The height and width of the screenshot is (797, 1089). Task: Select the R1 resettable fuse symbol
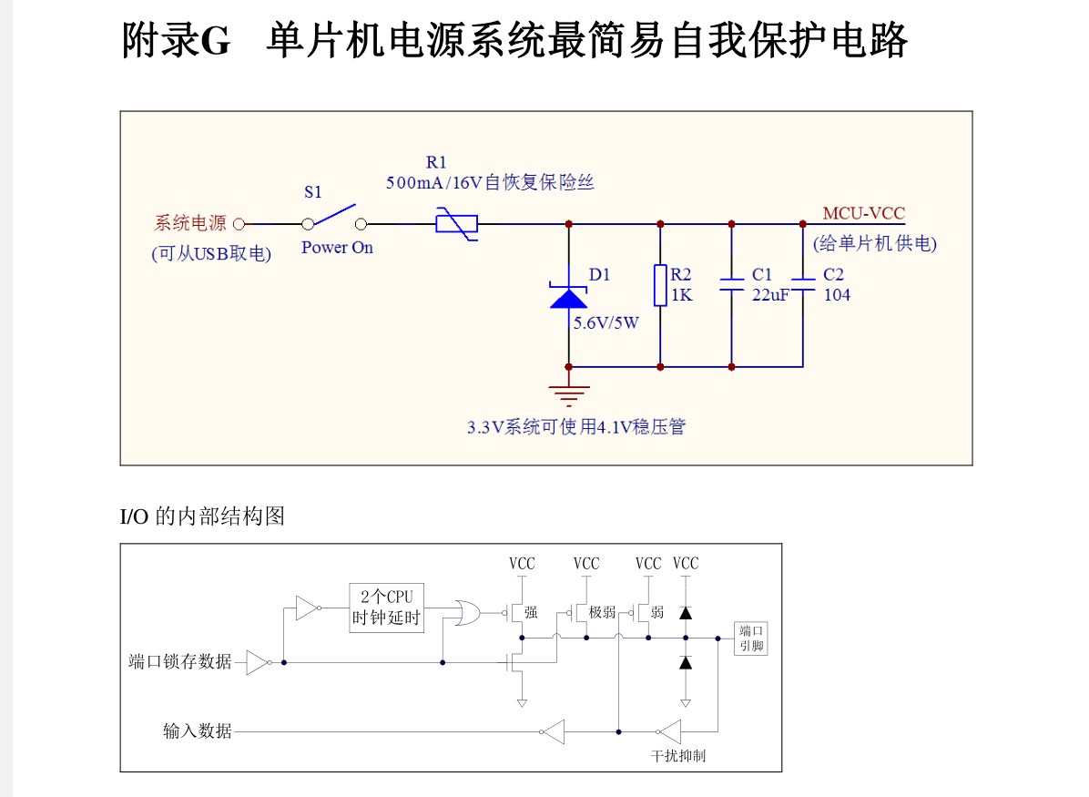coord(457,223)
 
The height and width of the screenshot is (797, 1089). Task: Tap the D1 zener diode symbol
coord(568,297)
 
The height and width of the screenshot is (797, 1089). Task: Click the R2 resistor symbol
coord(660,285)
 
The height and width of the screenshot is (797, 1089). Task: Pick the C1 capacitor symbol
coord(731,284)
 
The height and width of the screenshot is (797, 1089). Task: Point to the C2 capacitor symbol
coord(802,283)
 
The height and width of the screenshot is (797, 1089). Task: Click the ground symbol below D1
coord(568,394)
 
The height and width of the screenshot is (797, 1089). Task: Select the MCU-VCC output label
coord(863,214)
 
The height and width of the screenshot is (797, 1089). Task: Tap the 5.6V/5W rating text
coord(606,322)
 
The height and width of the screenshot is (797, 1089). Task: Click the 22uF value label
coord(770,295)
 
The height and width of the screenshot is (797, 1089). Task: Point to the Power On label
coord(337,248)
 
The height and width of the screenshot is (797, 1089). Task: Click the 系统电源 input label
coord(189,223)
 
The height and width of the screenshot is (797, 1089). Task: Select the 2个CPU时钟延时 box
coord(387,608)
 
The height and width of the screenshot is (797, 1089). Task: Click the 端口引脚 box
coord(751,639)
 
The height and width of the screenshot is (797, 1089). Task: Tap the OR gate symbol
coord(470,613)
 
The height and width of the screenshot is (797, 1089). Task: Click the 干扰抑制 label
coord(677,756)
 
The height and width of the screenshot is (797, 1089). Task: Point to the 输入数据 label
coord(198,731)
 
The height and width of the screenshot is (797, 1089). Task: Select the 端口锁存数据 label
coord(180,661)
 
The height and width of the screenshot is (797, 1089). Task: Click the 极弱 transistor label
coord(602,613)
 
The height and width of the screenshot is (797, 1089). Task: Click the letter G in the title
coord(214,41)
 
